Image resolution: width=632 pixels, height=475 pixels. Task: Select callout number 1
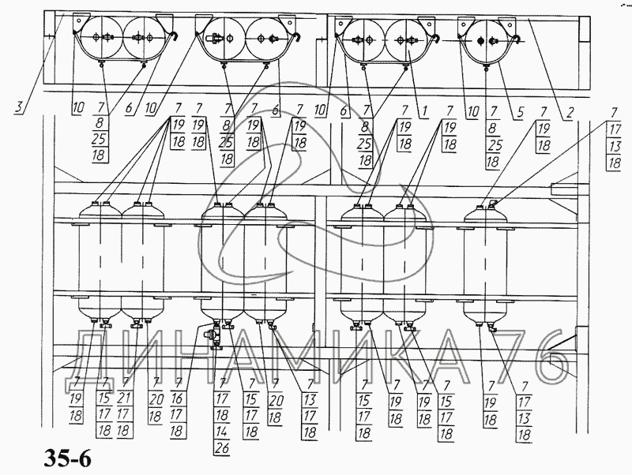pos(424,110)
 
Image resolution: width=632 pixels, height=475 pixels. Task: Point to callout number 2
pos(568,110)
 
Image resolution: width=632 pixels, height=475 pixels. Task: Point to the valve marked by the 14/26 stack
pos(213,335)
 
